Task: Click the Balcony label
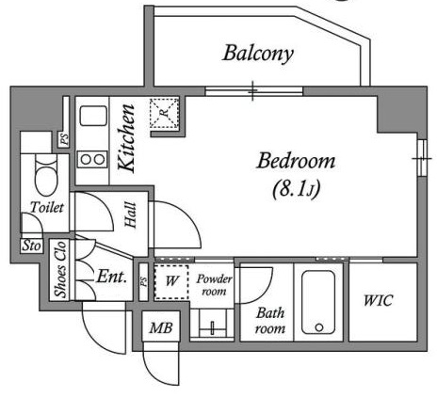(x=258, y=54)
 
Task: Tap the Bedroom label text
(x=296, y=161)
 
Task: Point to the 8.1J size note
(x=297, y=189)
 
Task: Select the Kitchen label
(x=126, y=138)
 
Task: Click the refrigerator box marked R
(x=164, y=113)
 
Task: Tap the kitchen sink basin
(x=93, y=116)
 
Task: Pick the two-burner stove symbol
(x=92, y=159)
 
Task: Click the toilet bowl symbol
(x=46, y=176)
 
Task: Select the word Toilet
(x=47, y=207)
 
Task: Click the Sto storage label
(x=31, y=246)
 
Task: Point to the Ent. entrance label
(x=112, y=277)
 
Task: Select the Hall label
(x=131, y=214)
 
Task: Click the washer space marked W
(x=171, y=282)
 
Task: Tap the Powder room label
(x=214, y=285)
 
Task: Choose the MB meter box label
(x=161, y=328)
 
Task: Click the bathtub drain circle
(x=319, y=327)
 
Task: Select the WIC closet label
(x=378, y=301)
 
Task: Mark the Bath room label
(x=270, y=321)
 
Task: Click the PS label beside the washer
(x=143, y=281)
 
